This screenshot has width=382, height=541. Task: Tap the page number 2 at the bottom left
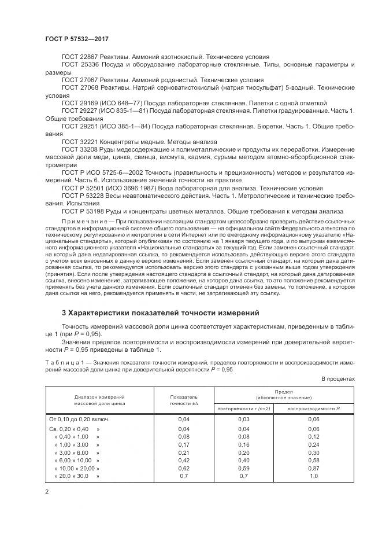tap(47, 492)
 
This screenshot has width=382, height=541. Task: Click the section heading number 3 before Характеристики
tap(64, 313)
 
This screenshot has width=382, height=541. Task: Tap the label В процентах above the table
tap(338, 378)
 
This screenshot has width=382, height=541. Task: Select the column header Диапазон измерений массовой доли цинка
tap(99, 400)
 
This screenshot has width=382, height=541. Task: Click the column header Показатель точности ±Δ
tap(184, 400)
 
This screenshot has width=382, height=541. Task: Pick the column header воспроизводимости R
tap(314, 408)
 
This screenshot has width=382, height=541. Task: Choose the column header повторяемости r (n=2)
tap(243, 408)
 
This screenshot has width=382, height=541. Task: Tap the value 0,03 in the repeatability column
tap(243, 419)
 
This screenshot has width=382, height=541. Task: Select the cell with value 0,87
tap(314, 468)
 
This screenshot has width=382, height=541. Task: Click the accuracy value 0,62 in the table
tap(184, 468)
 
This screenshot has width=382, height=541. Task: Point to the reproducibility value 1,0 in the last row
tap(314, 476)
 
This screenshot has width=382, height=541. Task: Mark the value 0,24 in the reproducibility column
tap(314, 444)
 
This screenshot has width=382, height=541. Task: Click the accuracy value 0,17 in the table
tap(184, 444)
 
